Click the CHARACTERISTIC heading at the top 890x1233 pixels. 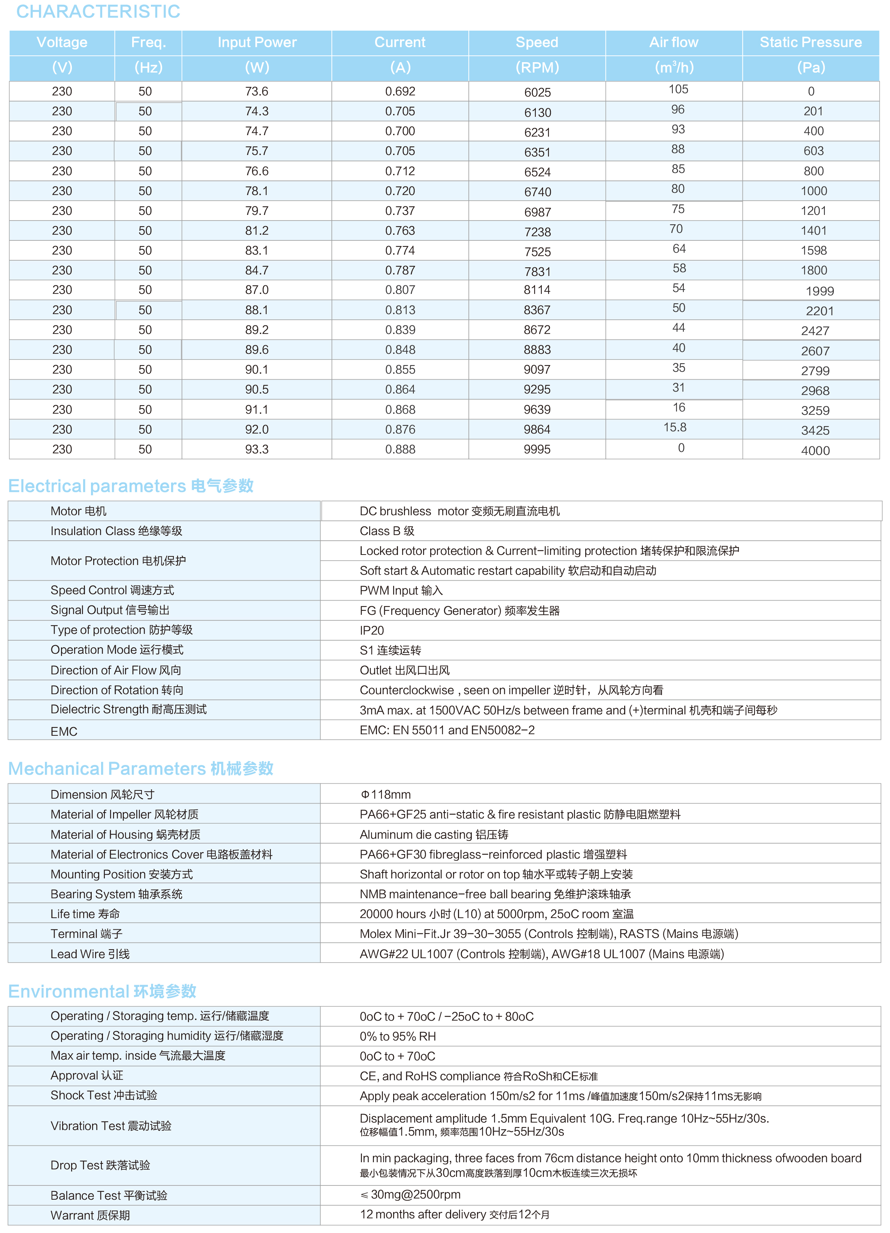(98, 11)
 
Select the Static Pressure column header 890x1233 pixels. (810, 42)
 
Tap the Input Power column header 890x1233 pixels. (256, 42)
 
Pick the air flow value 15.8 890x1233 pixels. (674, 428)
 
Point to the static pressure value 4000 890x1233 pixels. (815, 451)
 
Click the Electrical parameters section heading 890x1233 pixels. (130, 486)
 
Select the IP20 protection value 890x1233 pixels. (372, 631)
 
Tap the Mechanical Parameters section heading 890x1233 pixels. (140, 769)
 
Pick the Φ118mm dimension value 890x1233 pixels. (386, 795)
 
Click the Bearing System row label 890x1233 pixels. (116, 894)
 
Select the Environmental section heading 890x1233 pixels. (102, 991)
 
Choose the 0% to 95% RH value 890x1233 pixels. (397, 1037)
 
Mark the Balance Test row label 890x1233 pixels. (109, 1196)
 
